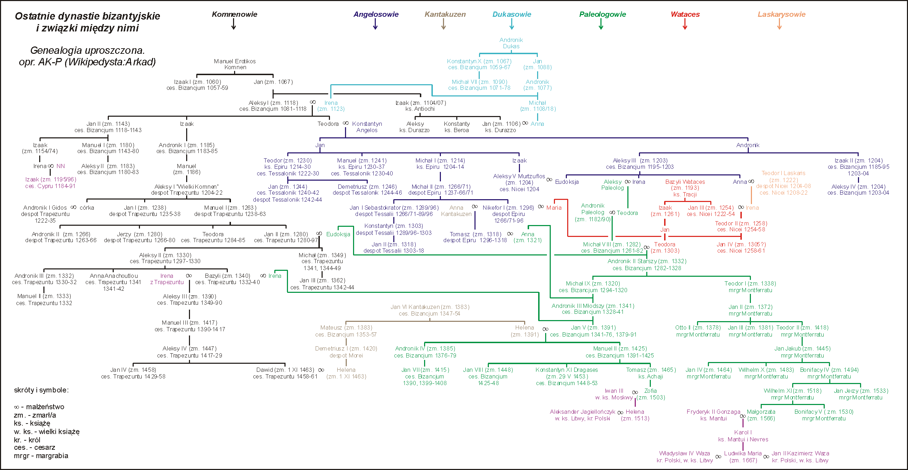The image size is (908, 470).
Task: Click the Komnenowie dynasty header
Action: point(234,14)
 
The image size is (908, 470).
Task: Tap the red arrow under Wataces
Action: point(685,24)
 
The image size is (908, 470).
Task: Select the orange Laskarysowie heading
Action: point(781,14)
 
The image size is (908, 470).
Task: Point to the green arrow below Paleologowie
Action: point(601,24)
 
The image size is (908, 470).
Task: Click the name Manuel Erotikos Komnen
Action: point(235,64)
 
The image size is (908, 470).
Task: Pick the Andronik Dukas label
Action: point(511,43)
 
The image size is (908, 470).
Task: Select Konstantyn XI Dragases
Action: point(566,370)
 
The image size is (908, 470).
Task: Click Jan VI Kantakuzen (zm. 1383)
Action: point(430,307)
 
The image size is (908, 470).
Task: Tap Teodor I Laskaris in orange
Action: point(783,173)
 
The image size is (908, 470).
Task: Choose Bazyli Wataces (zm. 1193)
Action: point(685,185)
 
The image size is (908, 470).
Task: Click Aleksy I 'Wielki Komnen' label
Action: point(186,187)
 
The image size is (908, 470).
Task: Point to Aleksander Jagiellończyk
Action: point(582,412)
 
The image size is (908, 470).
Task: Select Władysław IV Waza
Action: point(684,454)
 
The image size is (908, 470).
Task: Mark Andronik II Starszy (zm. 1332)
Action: point(647,261)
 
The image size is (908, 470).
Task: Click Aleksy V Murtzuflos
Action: point(519,176)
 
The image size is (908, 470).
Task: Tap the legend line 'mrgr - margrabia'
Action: point(41,456)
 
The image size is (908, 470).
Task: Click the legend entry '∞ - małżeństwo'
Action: point(39,407)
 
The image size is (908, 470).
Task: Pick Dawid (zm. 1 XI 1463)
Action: point(285,370)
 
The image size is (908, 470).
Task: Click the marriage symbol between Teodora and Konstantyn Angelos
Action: point(346,123)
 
